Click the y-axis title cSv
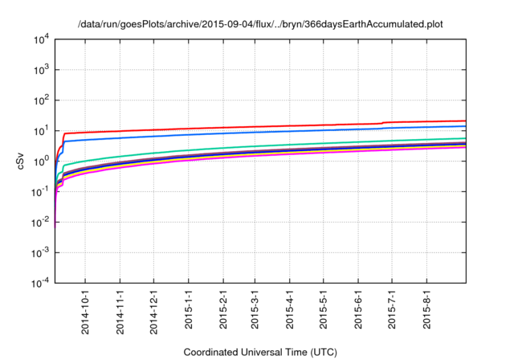pos(22,162)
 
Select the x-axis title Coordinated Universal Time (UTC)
pos(260,352)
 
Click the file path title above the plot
pos(260,24)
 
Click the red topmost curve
pos(241,126)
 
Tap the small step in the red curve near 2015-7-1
pos(384,123)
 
